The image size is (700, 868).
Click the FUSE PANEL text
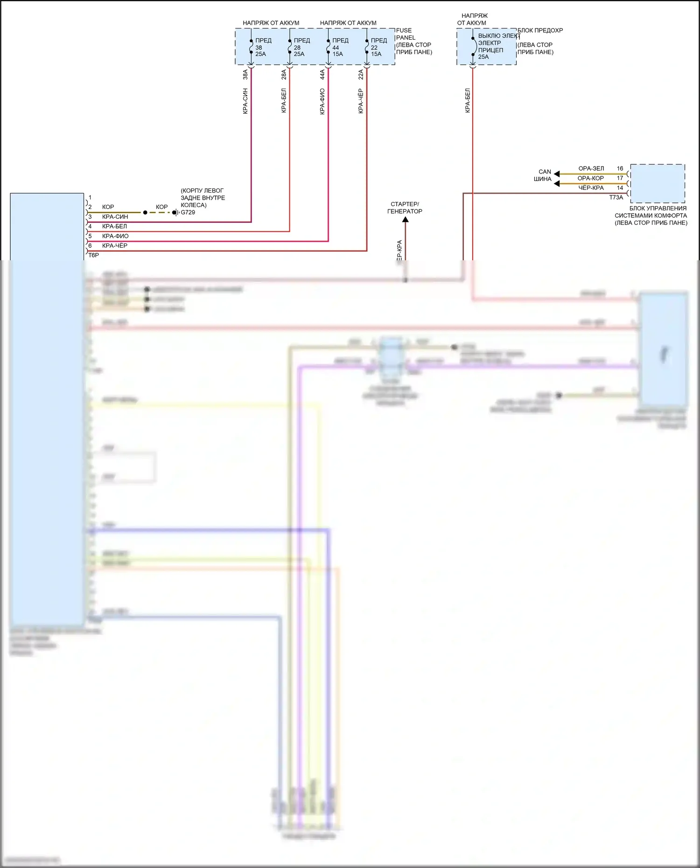[405, 34]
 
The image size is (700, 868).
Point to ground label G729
[188, 212]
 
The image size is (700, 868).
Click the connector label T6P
[93, 255]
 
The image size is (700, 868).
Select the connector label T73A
[616, 197]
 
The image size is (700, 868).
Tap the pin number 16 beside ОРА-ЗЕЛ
[620, 168]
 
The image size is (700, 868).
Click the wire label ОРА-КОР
[590, 178]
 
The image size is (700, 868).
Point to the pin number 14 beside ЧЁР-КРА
[620, 188]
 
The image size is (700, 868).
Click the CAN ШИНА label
[544, 175]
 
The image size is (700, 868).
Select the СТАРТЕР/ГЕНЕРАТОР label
[405, 208]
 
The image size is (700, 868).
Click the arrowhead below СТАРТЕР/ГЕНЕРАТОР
[405, 220]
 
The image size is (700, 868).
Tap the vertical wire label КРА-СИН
[245, 101]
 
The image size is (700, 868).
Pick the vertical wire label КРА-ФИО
[322, 101]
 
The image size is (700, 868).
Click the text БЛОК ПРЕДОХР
[540, 30]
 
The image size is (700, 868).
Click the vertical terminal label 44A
[322, 75]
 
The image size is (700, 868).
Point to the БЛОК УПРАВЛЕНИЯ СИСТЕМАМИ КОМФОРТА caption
[651, 215]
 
